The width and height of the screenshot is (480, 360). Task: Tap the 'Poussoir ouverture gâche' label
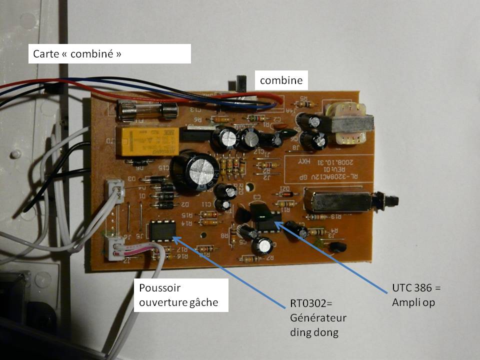[180, 295]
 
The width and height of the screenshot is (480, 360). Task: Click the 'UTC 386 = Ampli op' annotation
[418, 296]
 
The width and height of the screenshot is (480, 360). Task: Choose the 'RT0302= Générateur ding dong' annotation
[318, 318]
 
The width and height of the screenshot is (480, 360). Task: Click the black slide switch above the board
[238, 82]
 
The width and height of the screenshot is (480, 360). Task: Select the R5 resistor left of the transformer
[306, 103]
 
